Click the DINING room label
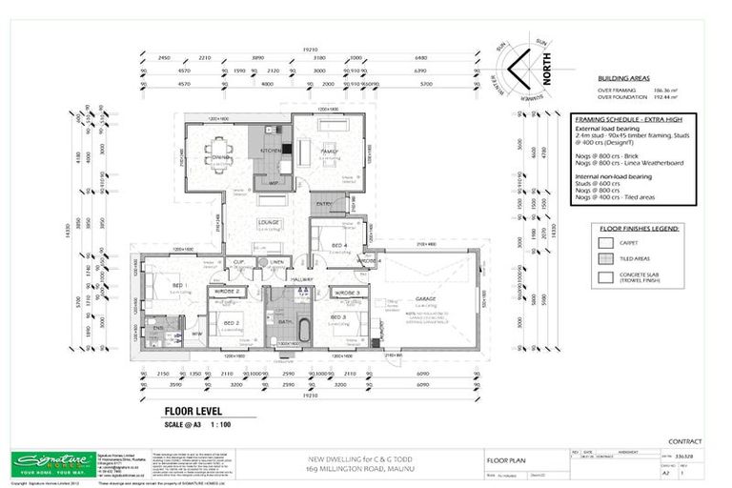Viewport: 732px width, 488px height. click(x=220, y=156)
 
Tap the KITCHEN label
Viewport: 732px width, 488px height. click(x=269, y=151)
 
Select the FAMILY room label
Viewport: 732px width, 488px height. click(x=330, y=151)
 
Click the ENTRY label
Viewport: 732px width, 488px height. click(x=323, y=204)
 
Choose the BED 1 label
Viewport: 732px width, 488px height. click(x=177, y=284)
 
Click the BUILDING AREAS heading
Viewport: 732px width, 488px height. click(x=625, y=79)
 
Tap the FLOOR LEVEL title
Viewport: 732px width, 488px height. click(x=179, y=413)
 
